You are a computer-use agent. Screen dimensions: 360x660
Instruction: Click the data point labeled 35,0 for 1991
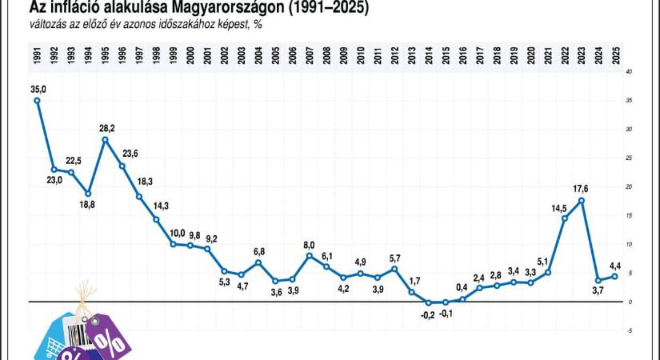click(x=37, y=100)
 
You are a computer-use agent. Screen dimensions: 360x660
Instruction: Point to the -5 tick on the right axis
click(x=630, y=330)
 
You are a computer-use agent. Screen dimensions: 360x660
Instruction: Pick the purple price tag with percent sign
click(x=107, y=336)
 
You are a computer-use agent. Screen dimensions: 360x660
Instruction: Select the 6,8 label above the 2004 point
click(x=258, y=251)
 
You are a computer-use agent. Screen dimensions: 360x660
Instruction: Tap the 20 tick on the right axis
click(x=630, y=186)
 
